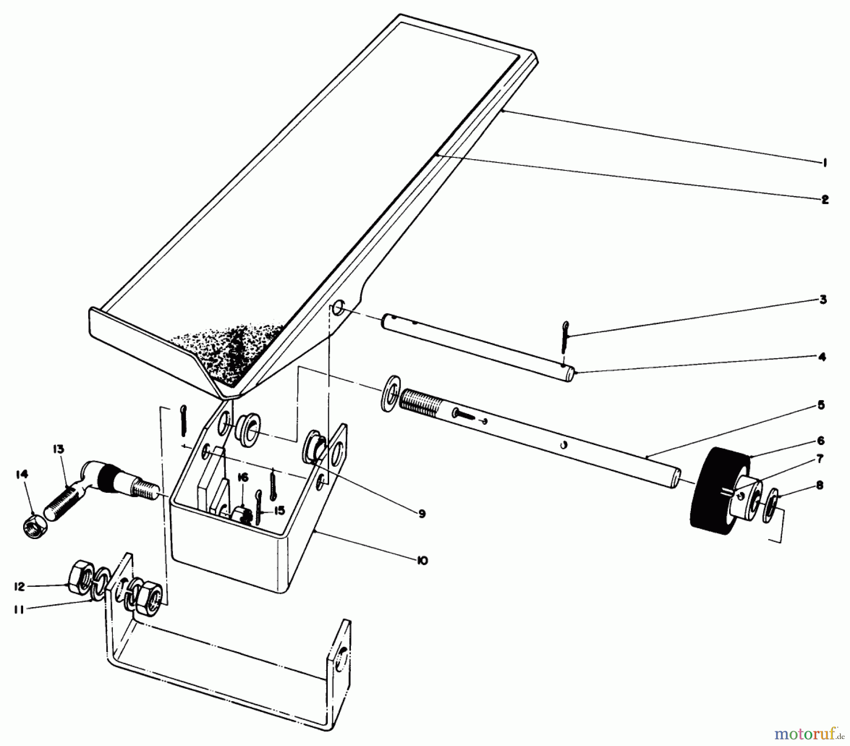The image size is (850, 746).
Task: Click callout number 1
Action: click(824, 163)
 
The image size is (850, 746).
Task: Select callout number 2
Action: click(824, 199)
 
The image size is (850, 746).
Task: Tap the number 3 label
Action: click(823, 300)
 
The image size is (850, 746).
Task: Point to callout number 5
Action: click(821, 405)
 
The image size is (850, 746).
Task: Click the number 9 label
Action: click(422, 514)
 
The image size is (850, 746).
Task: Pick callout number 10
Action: click(422, 561)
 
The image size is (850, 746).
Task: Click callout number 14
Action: click(22, 474)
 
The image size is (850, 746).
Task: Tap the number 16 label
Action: click(243, 478)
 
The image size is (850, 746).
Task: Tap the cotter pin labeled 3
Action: click(565, 336)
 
